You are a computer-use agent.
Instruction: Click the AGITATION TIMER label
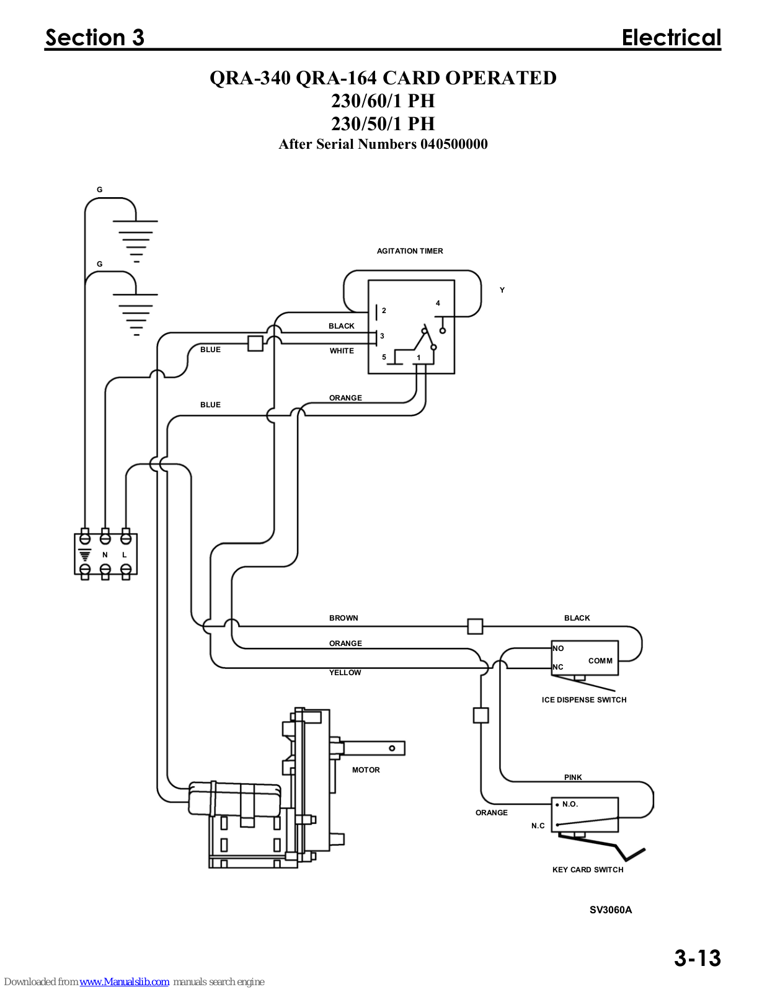tap(409, 251)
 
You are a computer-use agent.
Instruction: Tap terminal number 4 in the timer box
tap(438, 303)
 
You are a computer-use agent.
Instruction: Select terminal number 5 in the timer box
tap(384, 357)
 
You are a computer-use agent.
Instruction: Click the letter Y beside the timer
tap(502, 290)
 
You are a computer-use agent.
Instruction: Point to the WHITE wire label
tap(342, 350)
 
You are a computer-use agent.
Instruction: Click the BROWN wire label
tap(344, 618)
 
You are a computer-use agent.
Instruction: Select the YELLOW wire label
tap(345, 673)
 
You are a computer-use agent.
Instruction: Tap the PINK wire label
tap(573, 777)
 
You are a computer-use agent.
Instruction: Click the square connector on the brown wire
tap(475, 626)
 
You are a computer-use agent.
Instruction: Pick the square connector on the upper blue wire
tap(255, 343)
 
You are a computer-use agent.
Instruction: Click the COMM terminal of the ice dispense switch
tap(600, 660)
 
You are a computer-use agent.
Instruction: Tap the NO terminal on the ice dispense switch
tap(558, 649)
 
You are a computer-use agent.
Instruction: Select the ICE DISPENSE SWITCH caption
tap(584, 700)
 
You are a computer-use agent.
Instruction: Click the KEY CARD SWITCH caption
tap(588, 870)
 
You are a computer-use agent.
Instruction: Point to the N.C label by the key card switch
tap(538, 826)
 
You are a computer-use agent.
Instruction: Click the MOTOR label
tap(366, 769)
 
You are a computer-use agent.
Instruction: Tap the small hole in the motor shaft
tap(392, 748)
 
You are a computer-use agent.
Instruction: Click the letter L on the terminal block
tap(124, 555)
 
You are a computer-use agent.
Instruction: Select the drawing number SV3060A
tap(611, 910)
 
